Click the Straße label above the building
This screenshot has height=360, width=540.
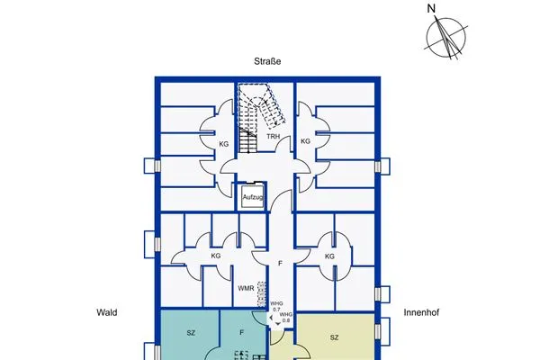pyautogui.click(x=269, y=62)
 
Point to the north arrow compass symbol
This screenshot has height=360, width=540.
pyautogui.click(x=445, y=37)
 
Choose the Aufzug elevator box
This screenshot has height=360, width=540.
pyautogui.click(x=252, y=196)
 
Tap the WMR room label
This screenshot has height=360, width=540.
pyautogui.click(x=245, y=289)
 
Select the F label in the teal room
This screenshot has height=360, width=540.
pyautogui.click(x=242, y=333)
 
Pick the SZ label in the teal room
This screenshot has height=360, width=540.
pyautogui.click(x=191, y=333)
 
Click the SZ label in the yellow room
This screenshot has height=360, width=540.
pyautogui.click(x=334, y=337)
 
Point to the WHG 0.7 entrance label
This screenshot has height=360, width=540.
pyautogui.click(x=276, y=307)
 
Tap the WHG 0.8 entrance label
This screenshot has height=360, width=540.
pyautogui.click(x=285, y=317)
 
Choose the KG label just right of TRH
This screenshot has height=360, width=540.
pyautogui.click(x=305, y=141)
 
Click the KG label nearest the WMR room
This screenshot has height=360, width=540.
pyautogui.click(x=216, y=256)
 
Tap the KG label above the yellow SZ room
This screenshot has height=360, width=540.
pyautogui.click(x=329, y=256)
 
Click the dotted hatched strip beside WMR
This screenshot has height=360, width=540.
pyautogui.click(x=262, y=293)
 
